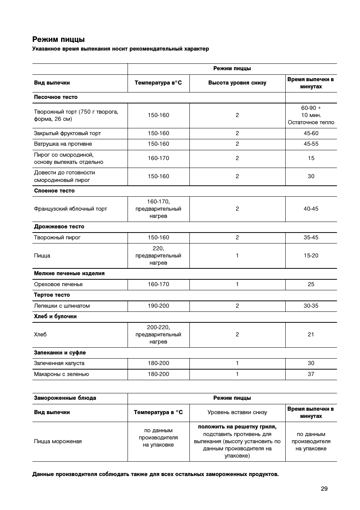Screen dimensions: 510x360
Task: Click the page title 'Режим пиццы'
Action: pos(58,39)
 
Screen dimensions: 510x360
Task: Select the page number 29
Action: pos(324,488)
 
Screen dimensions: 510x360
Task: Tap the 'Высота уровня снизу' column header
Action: pos(237,83)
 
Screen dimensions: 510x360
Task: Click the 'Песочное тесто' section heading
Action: pos(56,97)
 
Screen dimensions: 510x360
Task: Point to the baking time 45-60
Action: pos(311,133)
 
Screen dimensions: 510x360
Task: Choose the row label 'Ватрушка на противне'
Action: pos(63,144)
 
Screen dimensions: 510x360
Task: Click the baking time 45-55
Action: pos(311,144)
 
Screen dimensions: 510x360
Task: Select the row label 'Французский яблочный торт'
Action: pos(71,209)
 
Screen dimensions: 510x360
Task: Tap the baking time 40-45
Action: pos(311,209)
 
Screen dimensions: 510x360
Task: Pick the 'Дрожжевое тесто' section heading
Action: pos(59,226)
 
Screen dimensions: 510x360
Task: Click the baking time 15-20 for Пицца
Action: pos(311,256)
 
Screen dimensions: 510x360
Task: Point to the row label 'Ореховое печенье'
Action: pos(58,284)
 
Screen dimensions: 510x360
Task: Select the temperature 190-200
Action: pos(158,306)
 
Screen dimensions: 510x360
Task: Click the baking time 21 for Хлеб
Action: pos(311,334)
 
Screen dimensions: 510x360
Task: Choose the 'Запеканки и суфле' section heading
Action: pos(60,353)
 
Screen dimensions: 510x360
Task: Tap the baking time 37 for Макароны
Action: pos(311,374)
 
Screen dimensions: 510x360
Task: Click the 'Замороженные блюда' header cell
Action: pos(65,398)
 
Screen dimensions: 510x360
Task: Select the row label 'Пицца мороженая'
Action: pos(58,441)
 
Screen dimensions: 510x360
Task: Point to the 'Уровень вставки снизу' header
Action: pos(237,412)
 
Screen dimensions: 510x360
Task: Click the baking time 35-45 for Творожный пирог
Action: pos(311,237)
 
